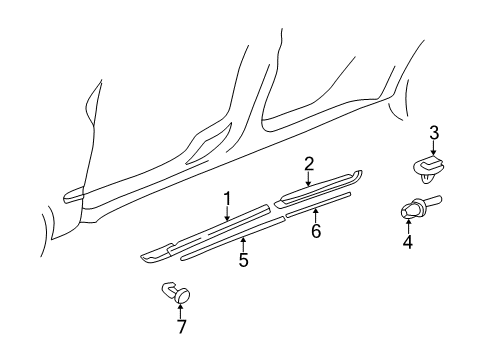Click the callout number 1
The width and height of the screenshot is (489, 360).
(x=227, y=199)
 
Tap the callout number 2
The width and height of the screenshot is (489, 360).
(x=309, y=164)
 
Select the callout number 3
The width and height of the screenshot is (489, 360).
(x=434, y=133)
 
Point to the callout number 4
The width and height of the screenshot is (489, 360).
(x=408, y=242)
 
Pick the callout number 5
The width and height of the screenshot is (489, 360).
(x=244, y=260)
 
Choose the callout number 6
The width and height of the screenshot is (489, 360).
(x=316, y=231)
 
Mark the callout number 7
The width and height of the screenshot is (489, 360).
(x=181, y=326)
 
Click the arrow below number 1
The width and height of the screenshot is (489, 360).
(x=227, y=214)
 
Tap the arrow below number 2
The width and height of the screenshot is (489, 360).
(x=309, y=179)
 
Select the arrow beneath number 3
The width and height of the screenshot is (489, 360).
(x=433, y=148)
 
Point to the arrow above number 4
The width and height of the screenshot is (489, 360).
(x=408, y=226)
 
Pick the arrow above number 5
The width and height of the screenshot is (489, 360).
(x=244, y=244)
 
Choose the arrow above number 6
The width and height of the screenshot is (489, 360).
(x=316, y=215)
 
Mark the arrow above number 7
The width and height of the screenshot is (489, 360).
(x=181, y=310)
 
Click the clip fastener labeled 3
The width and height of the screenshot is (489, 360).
(x=429, y=169)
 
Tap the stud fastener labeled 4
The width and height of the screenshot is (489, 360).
(x=420, y=207)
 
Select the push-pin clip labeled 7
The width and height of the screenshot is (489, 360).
(x=176, y=292)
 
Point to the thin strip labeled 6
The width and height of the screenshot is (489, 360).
(x=318, y=204)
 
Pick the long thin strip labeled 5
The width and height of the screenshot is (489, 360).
(x=232, y=238)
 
